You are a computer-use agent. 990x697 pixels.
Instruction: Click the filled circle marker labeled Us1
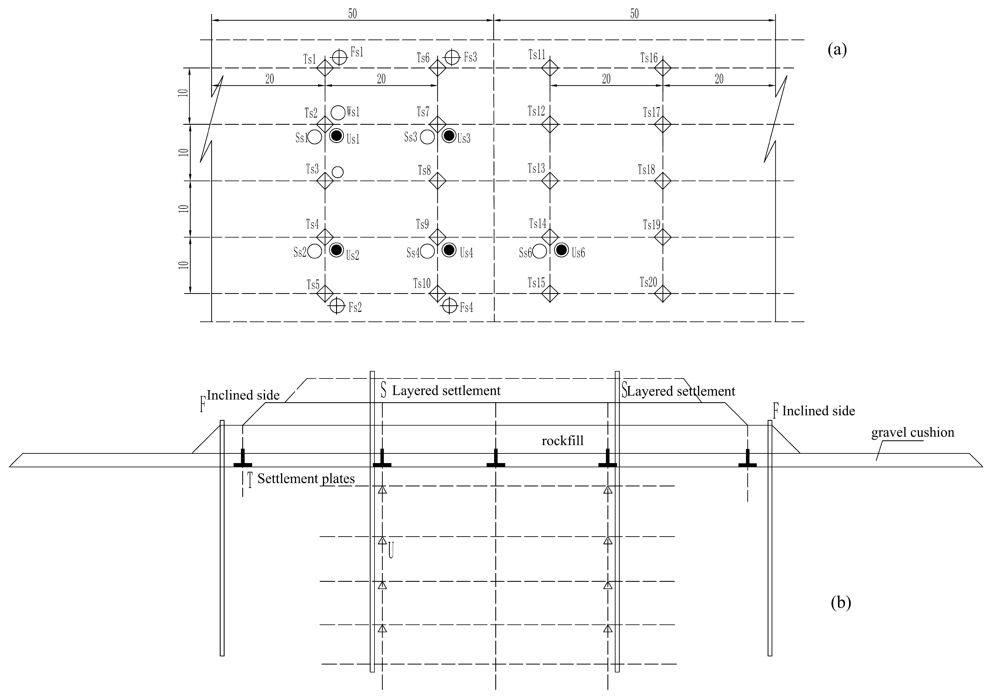point(336,136)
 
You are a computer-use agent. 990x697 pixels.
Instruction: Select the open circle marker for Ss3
point(427,137)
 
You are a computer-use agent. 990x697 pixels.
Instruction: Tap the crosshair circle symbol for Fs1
point(339,57)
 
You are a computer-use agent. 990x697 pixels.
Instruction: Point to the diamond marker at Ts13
point(550,181)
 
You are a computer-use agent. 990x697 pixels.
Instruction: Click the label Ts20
point(648,283)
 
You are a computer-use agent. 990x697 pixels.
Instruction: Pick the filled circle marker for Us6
point(561,250)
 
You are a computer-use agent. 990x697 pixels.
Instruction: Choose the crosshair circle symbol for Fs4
point(450,306)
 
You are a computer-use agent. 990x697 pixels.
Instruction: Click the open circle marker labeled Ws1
point(338,112)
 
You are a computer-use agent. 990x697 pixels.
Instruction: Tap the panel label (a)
point(837,50)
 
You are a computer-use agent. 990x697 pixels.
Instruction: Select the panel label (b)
point(841,603)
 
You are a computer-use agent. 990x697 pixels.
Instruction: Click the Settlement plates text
point(306,479)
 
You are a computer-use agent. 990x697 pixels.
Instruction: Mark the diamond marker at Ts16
point(663,68)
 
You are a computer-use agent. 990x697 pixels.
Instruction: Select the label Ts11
point(537,55)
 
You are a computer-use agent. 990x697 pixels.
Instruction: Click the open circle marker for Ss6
point(539,251)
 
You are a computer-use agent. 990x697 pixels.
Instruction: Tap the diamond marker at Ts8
point(438,181)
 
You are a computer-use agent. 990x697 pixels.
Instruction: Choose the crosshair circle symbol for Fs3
point(452,57)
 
